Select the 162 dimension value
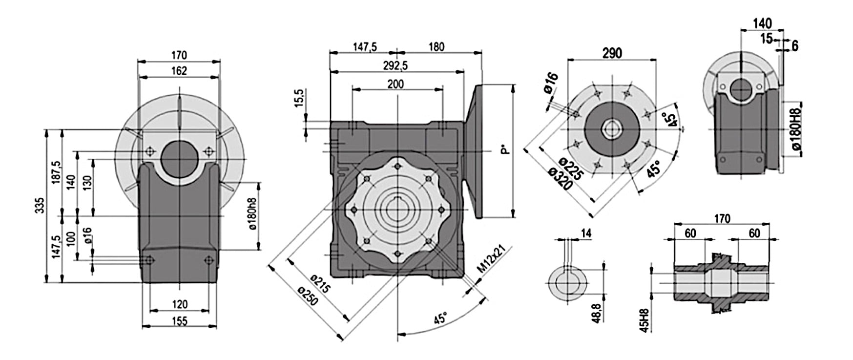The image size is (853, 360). pyautogui.click(x=179, y=71)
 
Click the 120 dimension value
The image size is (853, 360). pyautogui.click(x=180, y=304)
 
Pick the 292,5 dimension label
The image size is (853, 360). pyautogui.click(x=395, y=65)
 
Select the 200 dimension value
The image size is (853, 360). pyautogui.click(x=395, y=84)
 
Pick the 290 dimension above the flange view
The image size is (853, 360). pyautogui.click(x=612, y=53)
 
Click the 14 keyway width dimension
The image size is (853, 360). pyautogui.click(x=586, y=233)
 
